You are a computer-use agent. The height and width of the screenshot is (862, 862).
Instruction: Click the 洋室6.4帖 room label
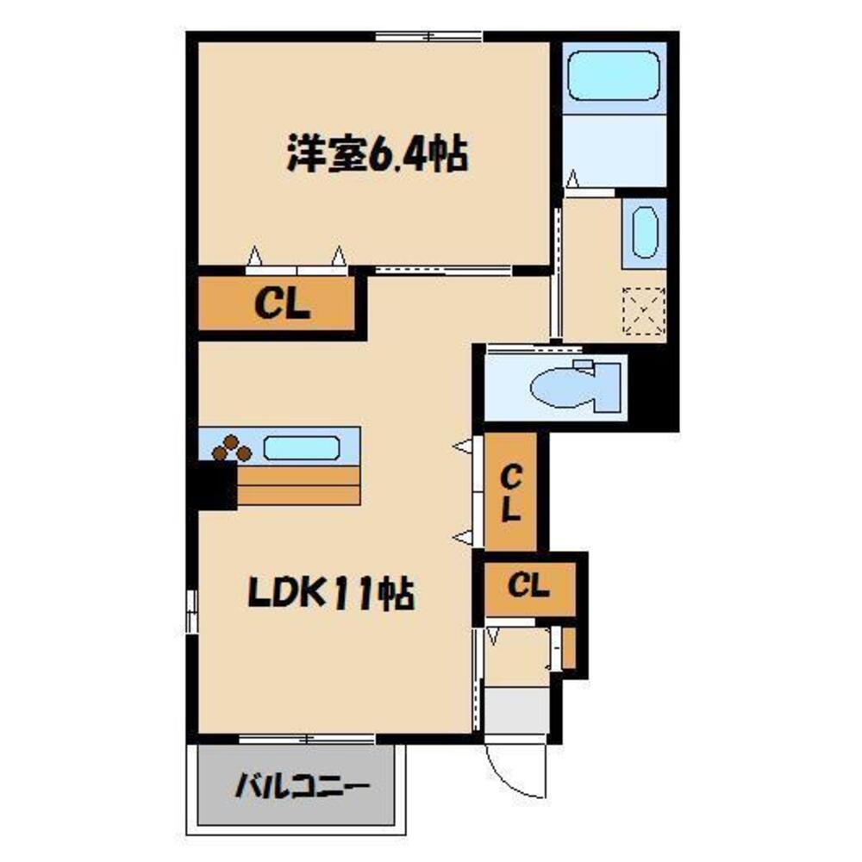pos(377,157)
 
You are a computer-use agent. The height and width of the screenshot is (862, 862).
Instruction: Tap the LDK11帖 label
pos(331,594)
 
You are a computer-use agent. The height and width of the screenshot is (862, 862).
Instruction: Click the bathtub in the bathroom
pos(614,75)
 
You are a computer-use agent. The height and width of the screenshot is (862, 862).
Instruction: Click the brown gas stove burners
pos(231,448)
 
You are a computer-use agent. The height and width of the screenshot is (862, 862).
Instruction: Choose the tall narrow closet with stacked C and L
pos(511,491)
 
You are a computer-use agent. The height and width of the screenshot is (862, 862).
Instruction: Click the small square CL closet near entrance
pos(528,588)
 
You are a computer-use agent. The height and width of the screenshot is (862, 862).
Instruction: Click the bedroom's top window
pos(428,36)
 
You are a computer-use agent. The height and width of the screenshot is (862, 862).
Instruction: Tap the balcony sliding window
pos(306,738)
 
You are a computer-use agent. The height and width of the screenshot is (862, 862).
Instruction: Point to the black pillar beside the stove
pos(215,485)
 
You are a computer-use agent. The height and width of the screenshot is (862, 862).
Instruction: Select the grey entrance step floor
pos(516,709)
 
